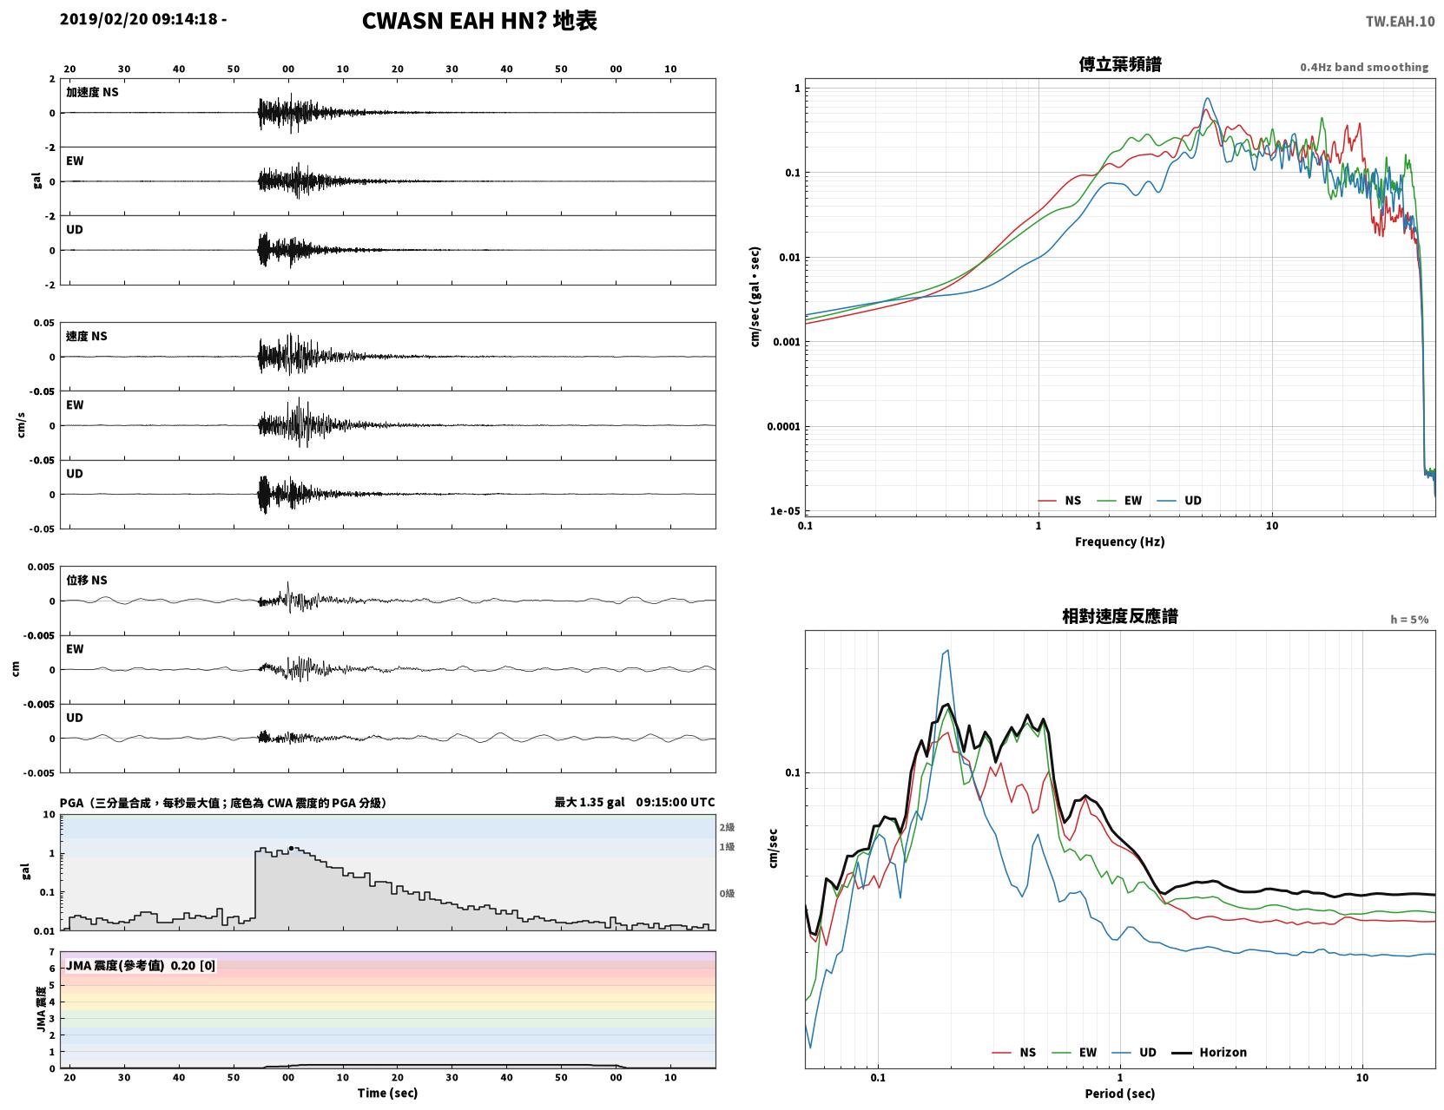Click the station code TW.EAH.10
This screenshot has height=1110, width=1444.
[1400, 21]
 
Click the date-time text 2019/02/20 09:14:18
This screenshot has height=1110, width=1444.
[139, 18]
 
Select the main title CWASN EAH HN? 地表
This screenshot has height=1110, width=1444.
[479, 21]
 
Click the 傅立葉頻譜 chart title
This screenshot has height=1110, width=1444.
[1120, 64]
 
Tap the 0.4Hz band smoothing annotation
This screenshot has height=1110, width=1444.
[1363, 67]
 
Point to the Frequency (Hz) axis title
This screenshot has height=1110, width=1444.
[1120, 542]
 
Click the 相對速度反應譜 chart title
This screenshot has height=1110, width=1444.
[1120, 616]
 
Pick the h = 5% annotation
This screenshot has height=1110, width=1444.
[1408, 620]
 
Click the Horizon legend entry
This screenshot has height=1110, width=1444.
[1210, 1052]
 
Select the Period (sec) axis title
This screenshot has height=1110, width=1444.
[1120, 1094]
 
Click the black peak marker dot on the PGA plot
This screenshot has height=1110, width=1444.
[291, 849]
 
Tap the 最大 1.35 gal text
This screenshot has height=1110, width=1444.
[590, 802]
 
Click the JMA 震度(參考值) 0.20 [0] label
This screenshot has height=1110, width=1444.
[140, 965]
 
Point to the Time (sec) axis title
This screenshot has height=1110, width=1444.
[387, 1093]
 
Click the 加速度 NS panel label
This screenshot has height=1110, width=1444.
[92, 92]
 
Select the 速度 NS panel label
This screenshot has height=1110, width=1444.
[86, 336]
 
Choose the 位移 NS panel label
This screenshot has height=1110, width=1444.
[86, 581]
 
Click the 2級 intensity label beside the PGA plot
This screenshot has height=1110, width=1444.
[727, 827]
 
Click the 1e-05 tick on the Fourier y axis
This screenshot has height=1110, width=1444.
[785, 511]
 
